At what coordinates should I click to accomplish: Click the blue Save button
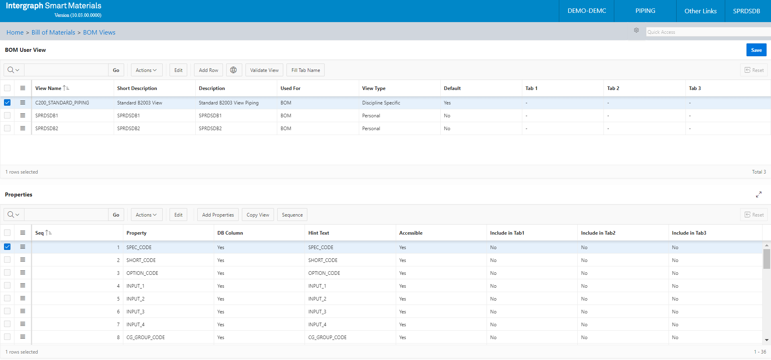(756, 50)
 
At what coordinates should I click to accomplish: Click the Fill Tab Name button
(305, 70)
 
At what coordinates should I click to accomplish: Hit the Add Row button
(209, 70)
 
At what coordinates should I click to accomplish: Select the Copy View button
(258, 215)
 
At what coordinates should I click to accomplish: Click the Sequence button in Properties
(292, 215)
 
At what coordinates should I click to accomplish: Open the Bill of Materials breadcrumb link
(53, 33)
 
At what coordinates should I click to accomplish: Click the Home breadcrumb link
(15, 33)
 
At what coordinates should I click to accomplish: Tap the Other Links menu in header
(700, 11)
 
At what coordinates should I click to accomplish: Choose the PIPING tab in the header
(645, 11)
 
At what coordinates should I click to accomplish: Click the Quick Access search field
(708, 32)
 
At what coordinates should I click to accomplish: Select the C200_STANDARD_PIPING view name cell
(62, 103)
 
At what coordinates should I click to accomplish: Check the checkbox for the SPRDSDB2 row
(7, 128)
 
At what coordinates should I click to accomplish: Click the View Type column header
(374, 88)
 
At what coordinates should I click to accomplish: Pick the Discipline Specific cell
(381, 103)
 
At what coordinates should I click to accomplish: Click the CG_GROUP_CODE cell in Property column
(145, 337)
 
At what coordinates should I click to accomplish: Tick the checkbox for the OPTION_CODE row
(7, 273)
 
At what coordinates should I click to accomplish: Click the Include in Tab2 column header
(598, 233)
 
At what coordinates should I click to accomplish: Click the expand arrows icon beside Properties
(759, 194)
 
